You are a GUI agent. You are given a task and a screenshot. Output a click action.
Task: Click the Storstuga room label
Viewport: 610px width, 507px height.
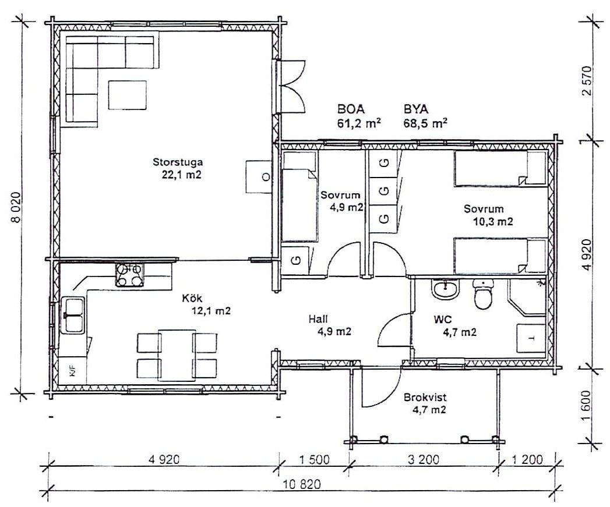coord(178,162)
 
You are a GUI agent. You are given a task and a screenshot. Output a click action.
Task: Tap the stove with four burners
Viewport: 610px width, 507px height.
coord(129,275)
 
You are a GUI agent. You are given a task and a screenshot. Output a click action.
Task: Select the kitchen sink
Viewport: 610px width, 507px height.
coord(73,315)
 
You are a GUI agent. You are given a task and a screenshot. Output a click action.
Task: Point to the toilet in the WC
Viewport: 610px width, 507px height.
coord(484,293)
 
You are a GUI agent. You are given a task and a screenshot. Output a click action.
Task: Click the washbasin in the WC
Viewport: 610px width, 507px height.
coord(446,290)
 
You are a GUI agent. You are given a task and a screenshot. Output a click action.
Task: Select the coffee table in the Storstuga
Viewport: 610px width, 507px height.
coord(127,95)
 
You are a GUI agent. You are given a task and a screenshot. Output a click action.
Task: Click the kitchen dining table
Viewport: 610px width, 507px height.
coord(177,356)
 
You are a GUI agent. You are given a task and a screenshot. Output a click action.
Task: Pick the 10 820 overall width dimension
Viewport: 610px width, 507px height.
coord(302,484)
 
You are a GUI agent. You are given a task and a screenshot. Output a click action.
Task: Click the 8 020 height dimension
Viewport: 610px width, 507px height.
coord(16,207)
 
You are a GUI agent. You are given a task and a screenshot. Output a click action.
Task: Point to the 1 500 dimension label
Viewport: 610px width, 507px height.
coord(315,460)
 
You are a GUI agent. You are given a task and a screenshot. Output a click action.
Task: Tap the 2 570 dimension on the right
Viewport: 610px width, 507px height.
coord(587,81)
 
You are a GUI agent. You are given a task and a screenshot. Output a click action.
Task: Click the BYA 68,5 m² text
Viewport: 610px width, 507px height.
coord(425,116)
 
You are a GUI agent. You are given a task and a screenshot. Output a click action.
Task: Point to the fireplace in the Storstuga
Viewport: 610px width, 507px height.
coord(258,176)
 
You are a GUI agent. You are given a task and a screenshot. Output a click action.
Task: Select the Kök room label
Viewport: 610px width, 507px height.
coord(192,298)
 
